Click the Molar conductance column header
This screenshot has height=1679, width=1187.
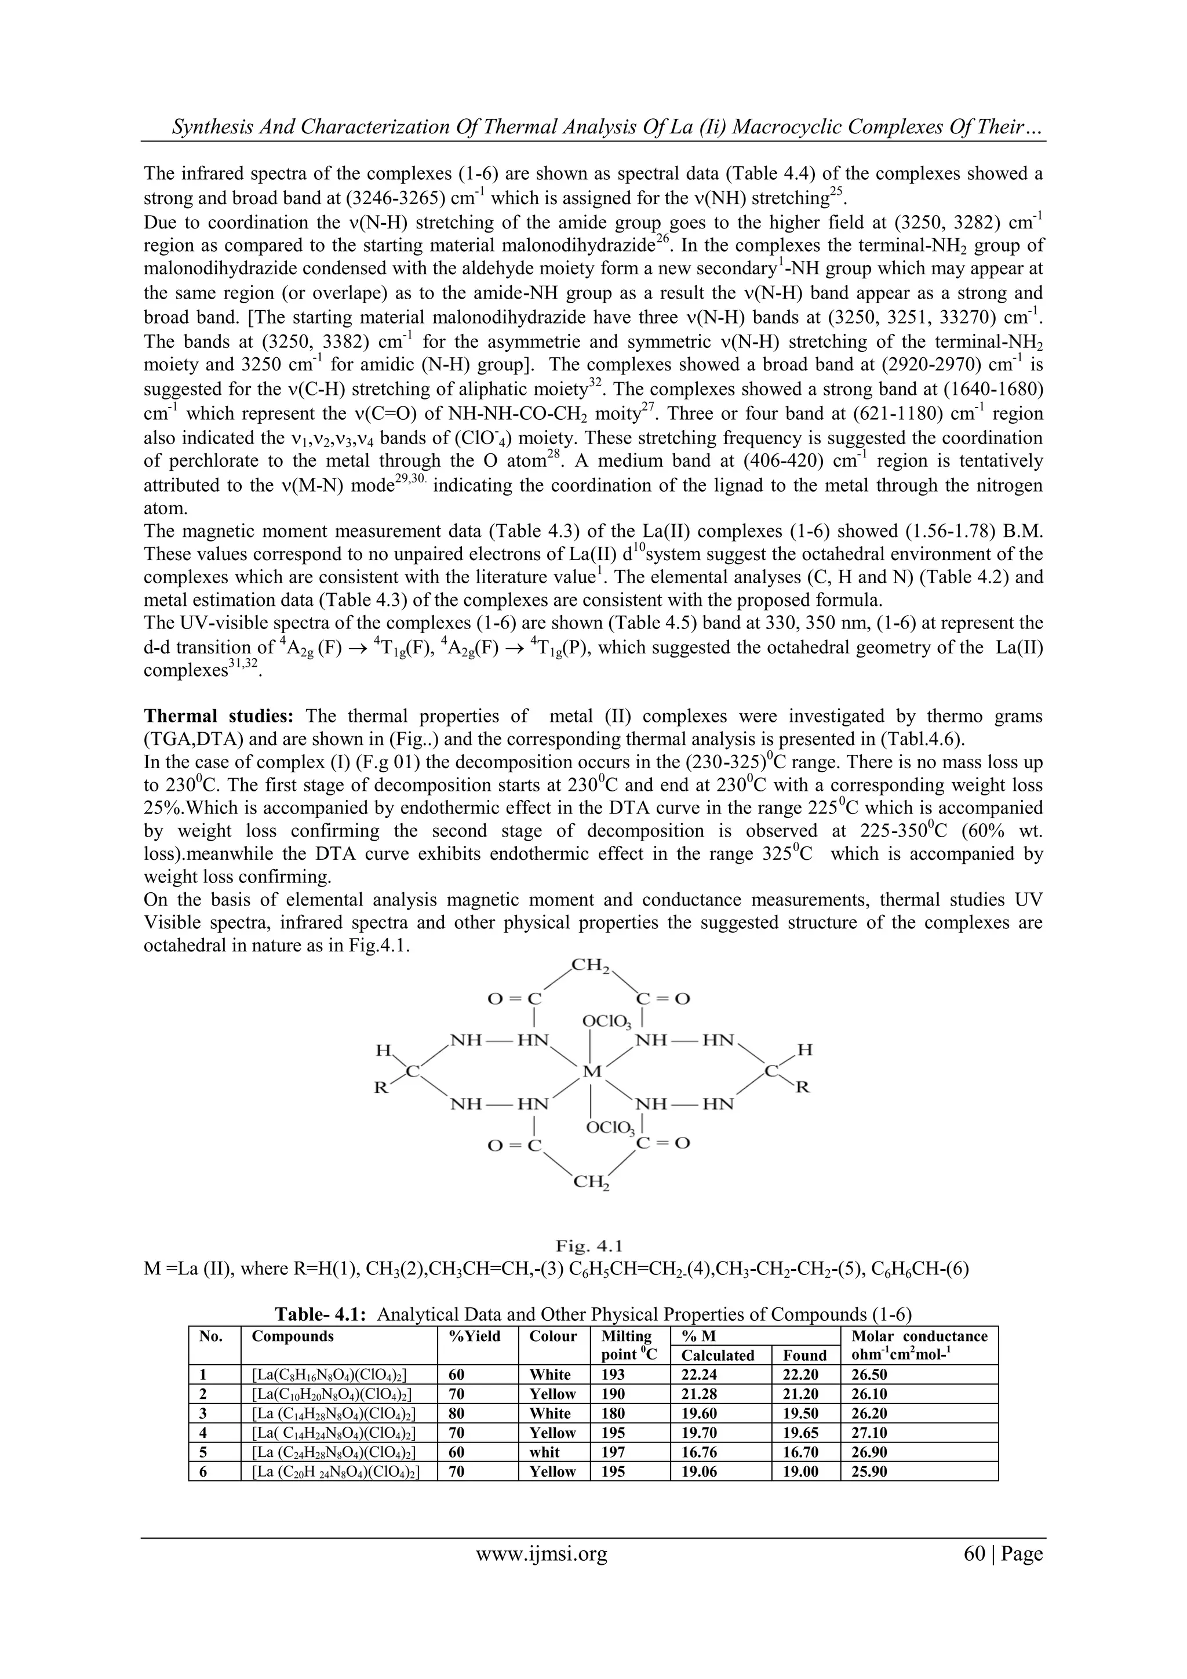tap(919, 1336)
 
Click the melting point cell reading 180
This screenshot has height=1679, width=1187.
tap(613, 1413)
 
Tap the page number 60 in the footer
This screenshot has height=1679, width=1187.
tap(975, 1553)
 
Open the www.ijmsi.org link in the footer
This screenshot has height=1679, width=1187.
tap(541, 1553)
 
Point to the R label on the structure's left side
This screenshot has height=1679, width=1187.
tap(381, 1088)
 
